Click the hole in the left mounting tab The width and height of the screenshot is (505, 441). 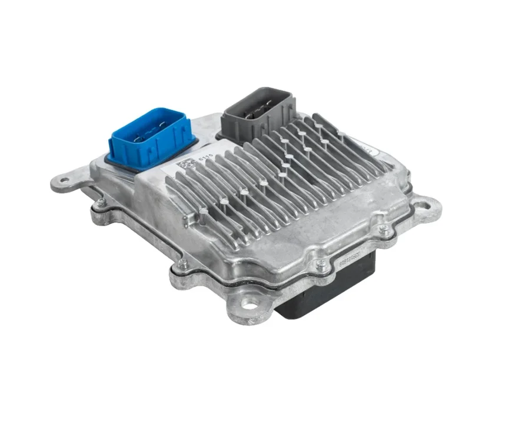(x=62, y=183)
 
